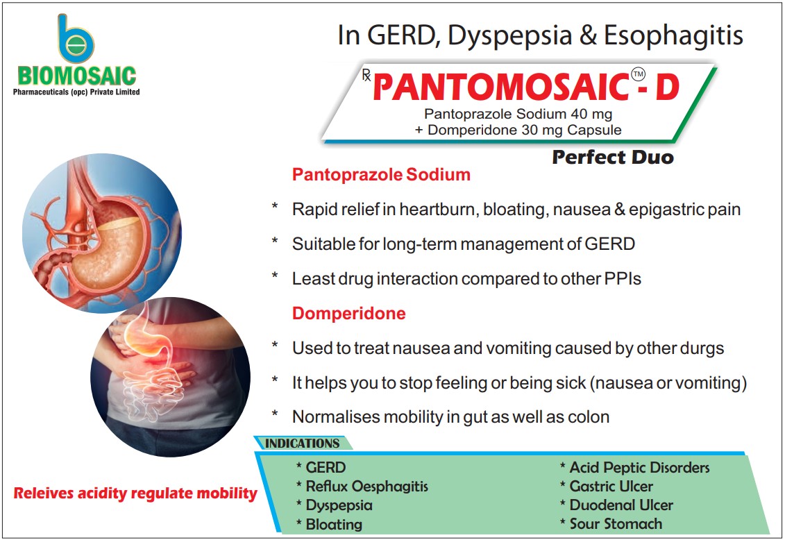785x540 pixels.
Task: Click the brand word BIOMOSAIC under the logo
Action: (77, 76)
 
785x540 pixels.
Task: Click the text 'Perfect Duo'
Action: (612, 158)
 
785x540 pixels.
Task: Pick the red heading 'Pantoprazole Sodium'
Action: (381, 175)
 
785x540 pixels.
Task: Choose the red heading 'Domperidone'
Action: (348, 314)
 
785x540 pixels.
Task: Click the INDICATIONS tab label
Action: (303, 443)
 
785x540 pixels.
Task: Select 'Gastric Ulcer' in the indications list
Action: (611, 487)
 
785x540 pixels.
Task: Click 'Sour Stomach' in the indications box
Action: (616, 524)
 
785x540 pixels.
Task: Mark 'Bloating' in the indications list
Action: (334, 524)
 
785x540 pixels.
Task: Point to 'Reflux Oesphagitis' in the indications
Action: (366, 487)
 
